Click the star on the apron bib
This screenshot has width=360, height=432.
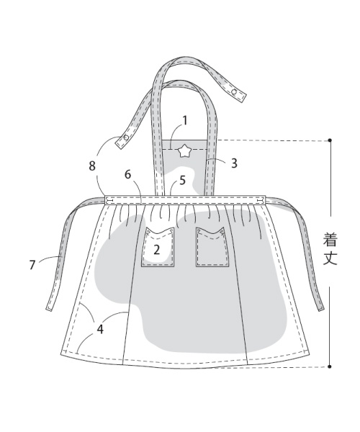click(x=184, y=151)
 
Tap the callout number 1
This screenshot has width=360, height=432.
click(x=185, y=120)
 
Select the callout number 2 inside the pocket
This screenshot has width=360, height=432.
click(x=156, y=250)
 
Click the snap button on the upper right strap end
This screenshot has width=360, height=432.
click(x=235, y=91)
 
